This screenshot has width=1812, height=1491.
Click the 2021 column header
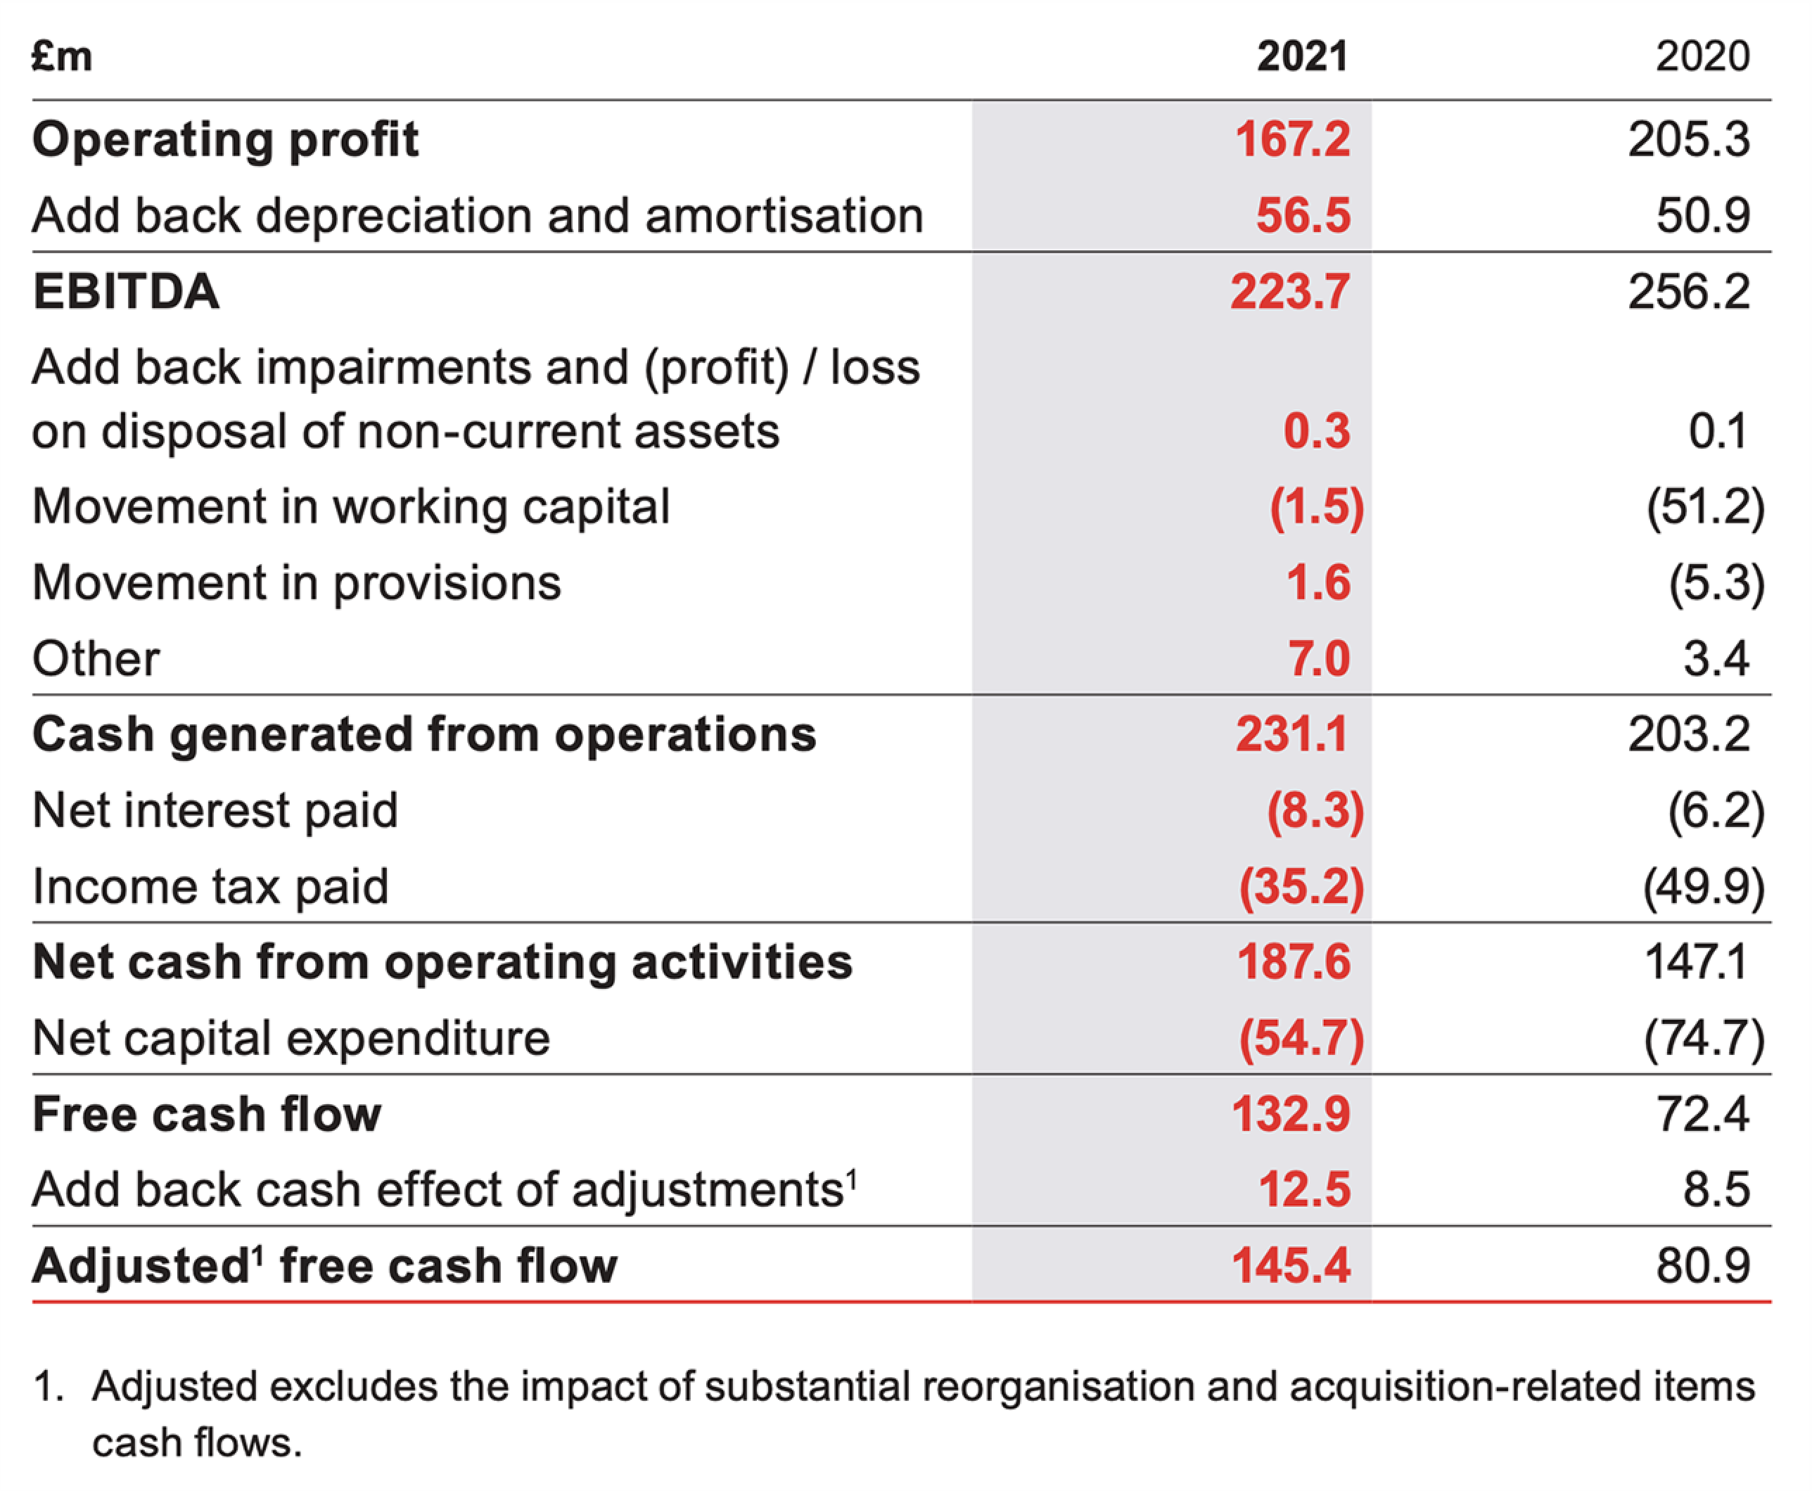tap(1302, 57)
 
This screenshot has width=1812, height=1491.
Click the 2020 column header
tap(1702, 57)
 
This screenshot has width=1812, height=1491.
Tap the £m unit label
tap(62, 57)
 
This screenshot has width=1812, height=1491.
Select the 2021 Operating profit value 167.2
tap(1291, 139)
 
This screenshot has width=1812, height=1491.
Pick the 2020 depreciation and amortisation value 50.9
tap(1702, 216)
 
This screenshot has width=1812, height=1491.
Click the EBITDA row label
tap(126, 291)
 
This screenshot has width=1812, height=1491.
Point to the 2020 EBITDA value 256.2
tap(1688, 291)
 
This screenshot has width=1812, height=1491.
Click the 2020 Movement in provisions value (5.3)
tap(1716, 583)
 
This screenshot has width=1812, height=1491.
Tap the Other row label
tap(96, 659)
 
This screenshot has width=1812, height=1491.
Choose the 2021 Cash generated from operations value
tap(1291, 735)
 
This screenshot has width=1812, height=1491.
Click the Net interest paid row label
tap(215, 811)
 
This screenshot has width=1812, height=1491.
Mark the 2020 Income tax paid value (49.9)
tap(1704, 887)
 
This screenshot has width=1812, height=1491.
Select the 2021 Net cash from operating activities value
tap(1294, 962)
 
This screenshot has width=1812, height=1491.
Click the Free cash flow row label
tap(206, 1115)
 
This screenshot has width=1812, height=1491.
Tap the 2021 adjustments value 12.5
tap(1303, 1191)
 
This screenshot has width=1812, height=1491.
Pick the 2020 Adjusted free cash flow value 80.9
tap(1702, 1266)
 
